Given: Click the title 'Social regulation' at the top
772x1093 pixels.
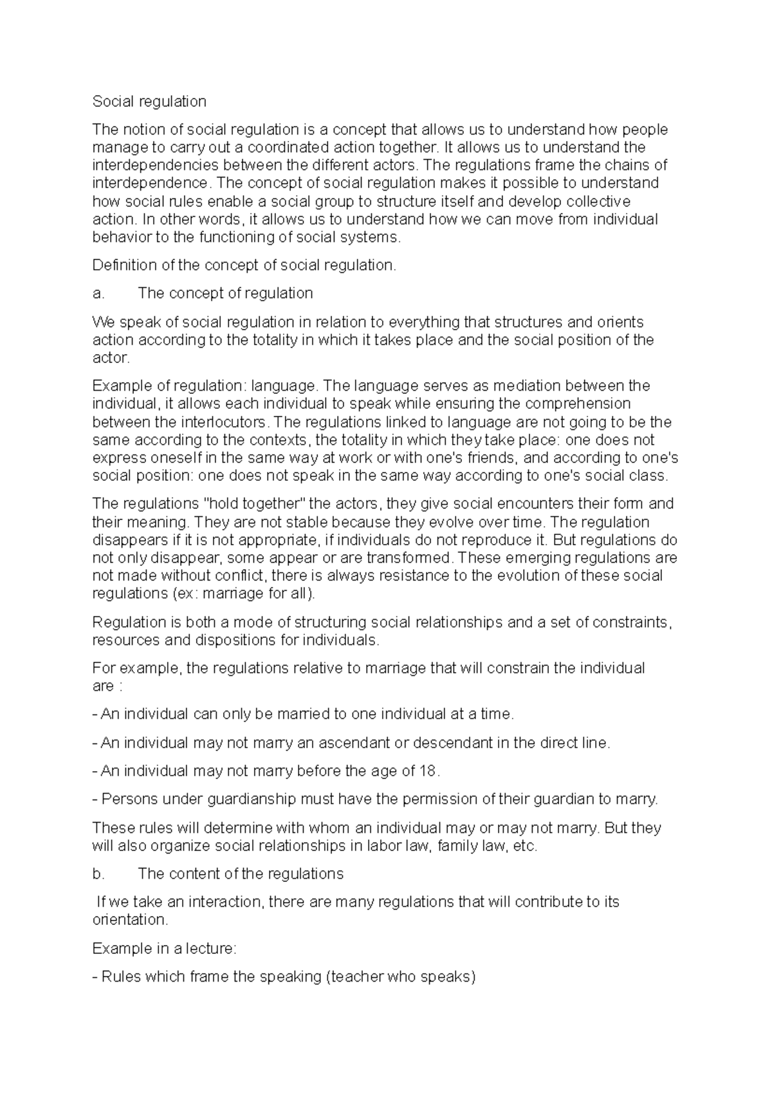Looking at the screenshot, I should tap(149, 102).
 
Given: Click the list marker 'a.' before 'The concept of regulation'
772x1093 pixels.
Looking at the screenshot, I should tap(98, 294).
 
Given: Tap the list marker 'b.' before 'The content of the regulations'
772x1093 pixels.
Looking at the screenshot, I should tap(98, 874).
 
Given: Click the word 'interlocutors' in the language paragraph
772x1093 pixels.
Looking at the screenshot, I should tap(223, 422).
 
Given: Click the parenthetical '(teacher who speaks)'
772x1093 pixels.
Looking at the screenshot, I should tap(401, 977).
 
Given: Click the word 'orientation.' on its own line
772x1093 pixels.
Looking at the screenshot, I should tap(130, 920).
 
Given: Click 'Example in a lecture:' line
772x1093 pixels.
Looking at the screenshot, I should tap(165, 949).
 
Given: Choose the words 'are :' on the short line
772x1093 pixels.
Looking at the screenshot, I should tap(107, 686).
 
